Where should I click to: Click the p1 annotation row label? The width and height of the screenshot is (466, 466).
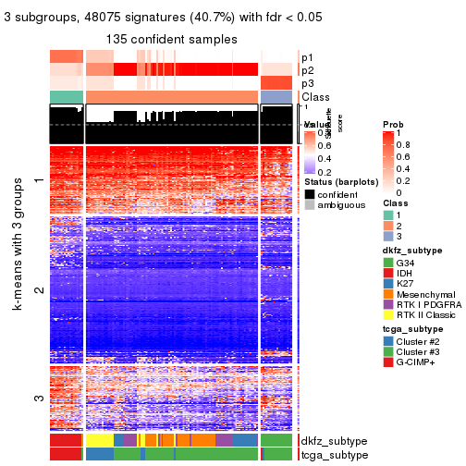(307, 57)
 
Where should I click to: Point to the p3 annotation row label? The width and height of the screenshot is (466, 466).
(307, 83)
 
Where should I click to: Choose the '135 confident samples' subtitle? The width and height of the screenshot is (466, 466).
(171, 39)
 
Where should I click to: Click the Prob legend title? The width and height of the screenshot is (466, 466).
(393, 125)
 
